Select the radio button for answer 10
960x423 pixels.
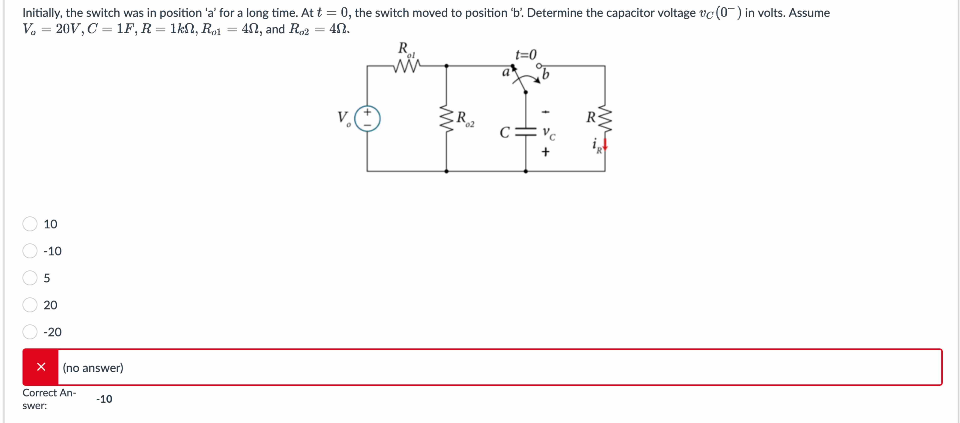(30, 224)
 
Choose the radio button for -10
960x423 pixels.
(30, 251)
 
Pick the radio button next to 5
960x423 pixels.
(30, 278)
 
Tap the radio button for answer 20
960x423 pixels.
(30, 305)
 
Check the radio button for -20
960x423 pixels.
(30, 332)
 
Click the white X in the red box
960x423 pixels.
(41, 367)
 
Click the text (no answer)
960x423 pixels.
(93, 368)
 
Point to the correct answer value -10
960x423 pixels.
(104, 399)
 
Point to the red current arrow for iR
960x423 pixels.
(605, 145)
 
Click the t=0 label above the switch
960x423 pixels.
(526, 55)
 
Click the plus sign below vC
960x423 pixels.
(545, 152)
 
